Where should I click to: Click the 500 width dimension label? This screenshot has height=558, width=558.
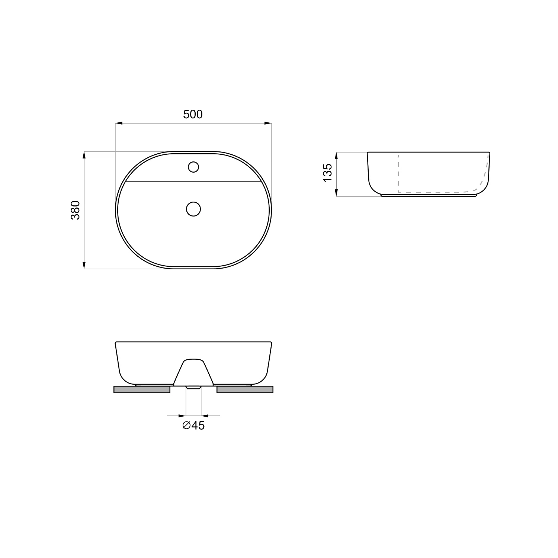point(193,114)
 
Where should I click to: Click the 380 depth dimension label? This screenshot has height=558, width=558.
point(76,210)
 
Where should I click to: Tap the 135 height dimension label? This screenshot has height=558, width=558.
point(327,173)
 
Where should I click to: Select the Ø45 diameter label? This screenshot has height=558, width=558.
point(193,425)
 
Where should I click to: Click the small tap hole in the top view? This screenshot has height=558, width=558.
point(193,167)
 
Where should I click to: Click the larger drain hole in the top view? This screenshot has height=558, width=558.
point(193,209)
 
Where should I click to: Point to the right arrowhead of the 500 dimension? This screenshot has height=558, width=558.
point(268,123)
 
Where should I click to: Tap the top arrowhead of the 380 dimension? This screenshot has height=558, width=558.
point(84,155)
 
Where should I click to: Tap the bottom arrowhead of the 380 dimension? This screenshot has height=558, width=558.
point(84,264)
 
